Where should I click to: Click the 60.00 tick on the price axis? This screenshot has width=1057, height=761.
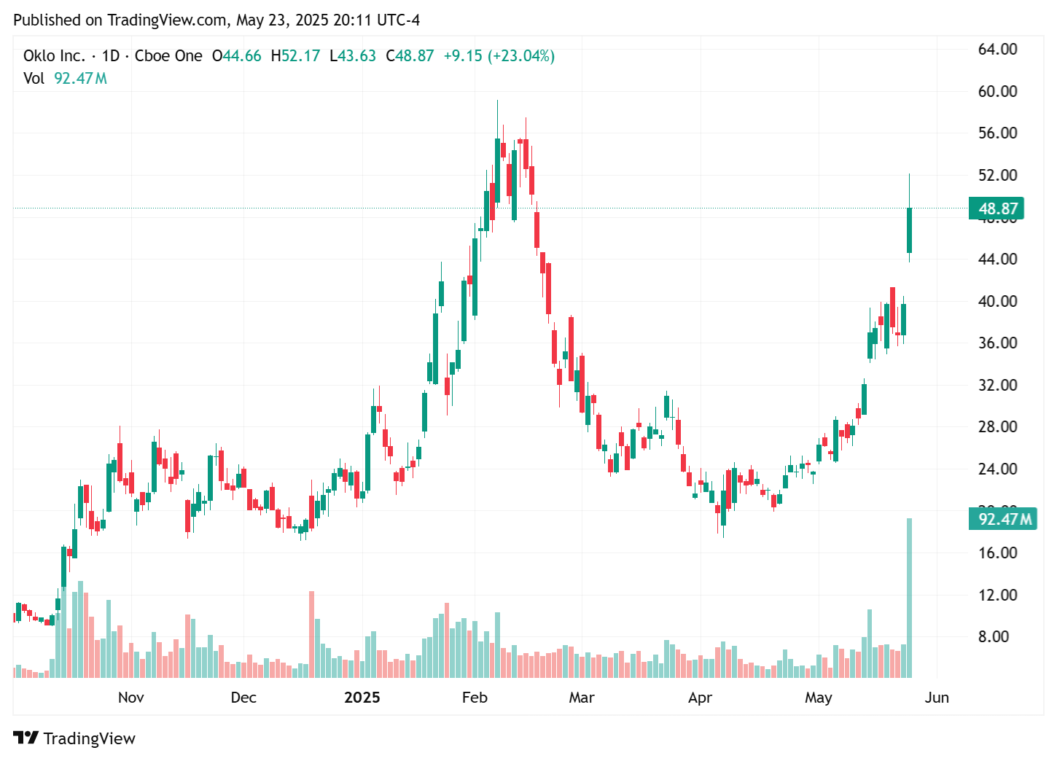[x=997, y=91]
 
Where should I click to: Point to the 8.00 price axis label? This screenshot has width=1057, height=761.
[x=997, y=636]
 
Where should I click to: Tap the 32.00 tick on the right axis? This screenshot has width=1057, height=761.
[x=997, y=385]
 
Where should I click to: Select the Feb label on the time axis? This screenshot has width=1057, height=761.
[x=475, y=698]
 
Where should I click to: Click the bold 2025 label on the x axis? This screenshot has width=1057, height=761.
[x=362, y=698]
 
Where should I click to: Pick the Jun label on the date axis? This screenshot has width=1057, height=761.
[x=937, y=698]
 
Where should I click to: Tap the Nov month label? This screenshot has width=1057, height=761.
[x=131, y=698]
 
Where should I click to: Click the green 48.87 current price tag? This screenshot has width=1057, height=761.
[x=996, y=208]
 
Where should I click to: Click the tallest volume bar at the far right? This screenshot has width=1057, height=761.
[x=909, y=598]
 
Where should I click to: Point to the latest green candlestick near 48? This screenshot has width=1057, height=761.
[x=909, y=230]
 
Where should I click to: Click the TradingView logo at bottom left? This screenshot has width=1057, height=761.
[x=74, y=738]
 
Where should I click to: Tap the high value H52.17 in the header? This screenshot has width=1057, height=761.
[x=295, y=56]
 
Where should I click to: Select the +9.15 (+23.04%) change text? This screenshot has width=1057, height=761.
[x=499, y=56]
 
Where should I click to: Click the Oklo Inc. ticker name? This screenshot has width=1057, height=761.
[x=54, y=56]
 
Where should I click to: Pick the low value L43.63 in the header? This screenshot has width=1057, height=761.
[x=353, y=56]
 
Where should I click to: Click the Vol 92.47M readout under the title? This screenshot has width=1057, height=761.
[x=66, y=78]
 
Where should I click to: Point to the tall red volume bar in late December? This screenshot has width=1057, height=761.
[x=312, y=634]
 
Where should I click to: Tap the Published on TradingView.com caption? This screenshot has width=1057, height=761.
[x=217, y=20]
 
